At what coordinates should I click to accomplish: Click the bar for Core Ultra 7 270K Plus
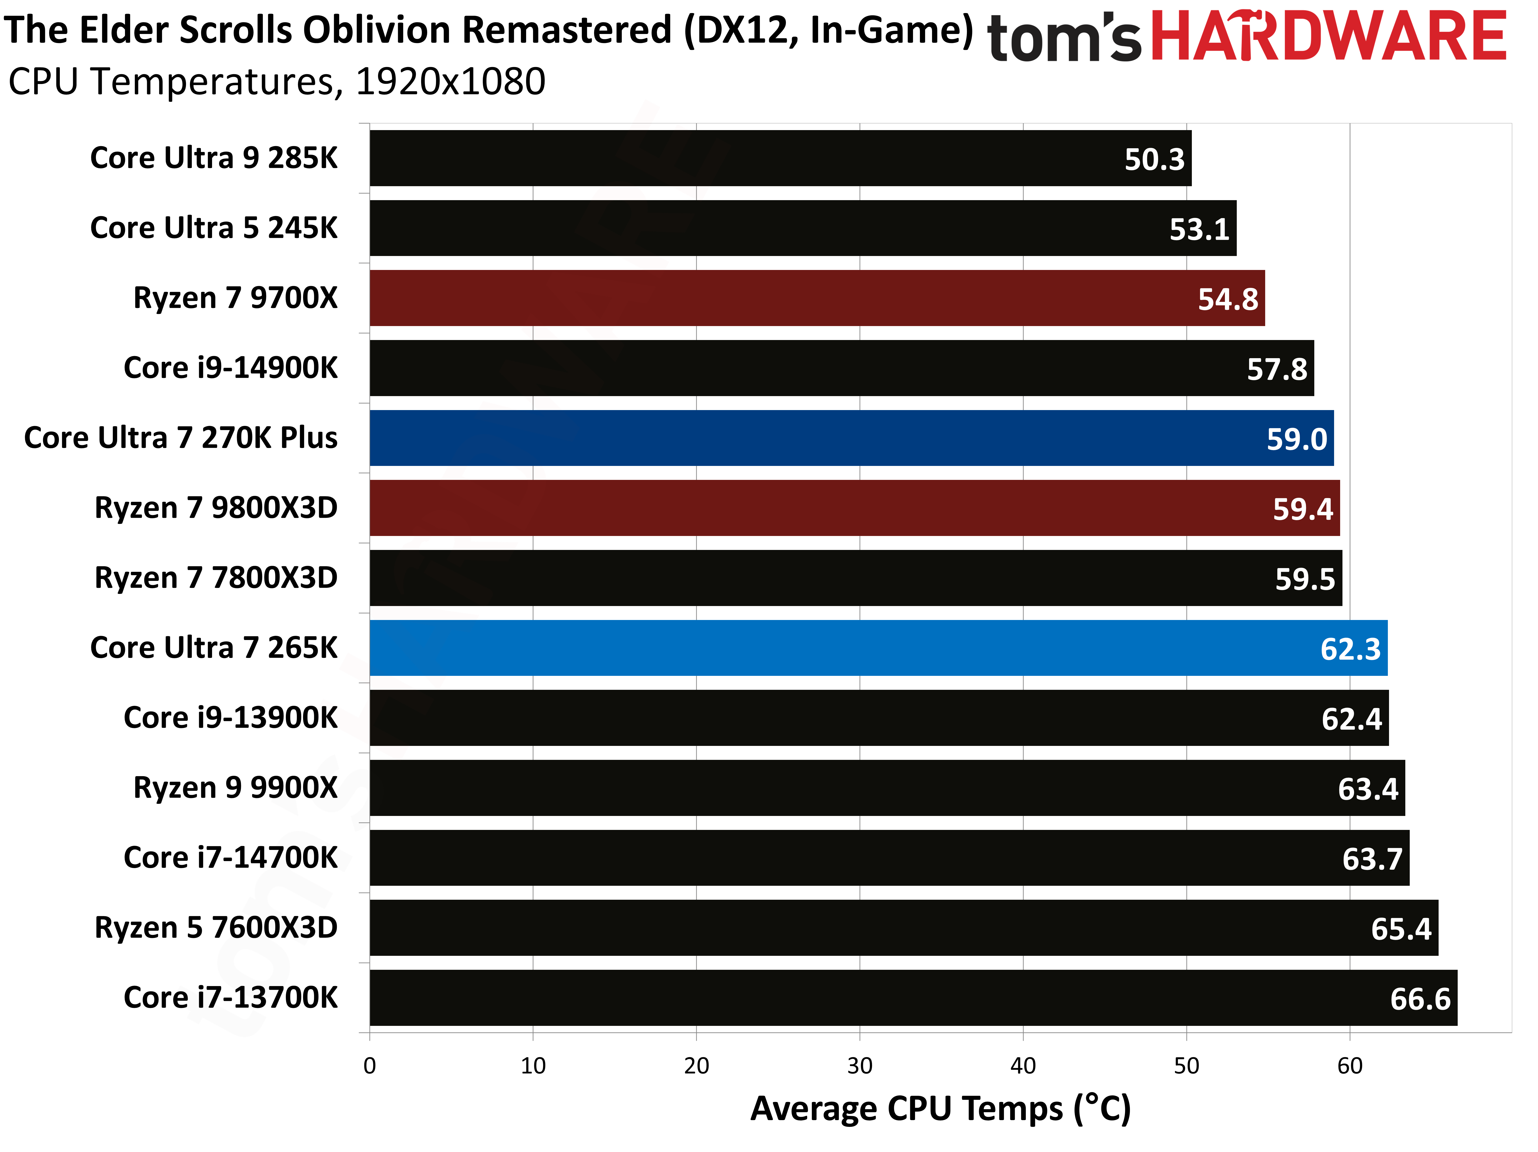pos(851,438)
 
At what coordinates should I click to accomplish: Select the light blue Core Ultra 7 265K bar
pos(877,648)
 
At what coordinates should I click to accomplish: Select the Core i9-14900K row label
pos(230,368)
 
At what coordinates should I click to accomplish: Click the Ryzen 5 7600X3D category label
pos(216,927)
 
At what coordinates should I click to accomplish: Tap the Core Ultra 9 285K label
pos(213,158)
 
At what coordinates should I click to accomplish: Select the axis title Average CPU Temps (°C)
pos(940,1109)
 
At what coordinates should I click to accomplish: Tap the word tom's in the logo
pos(1064,38)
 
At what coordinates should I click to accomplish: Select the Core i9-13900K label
pos(230,717)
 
